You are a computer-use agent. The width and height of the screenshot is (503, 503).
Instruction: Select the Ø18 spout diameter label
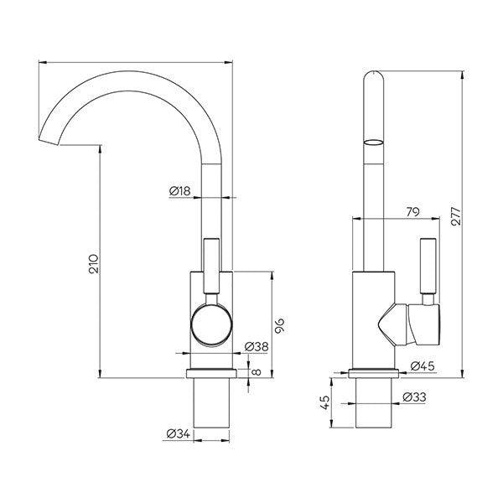[180, 191]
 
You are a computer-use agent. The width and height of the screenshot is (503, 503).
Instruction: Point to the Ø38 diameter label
[256, 346]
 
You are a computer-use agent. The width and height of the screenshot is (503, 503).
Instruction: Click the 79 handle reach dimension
[412, 212]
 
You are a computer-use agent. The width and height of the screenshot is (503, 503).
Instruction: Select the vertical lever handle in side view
[428, 266]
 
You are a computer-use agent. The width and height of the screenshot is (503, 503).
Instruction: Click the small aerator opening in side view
[373, 140]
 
